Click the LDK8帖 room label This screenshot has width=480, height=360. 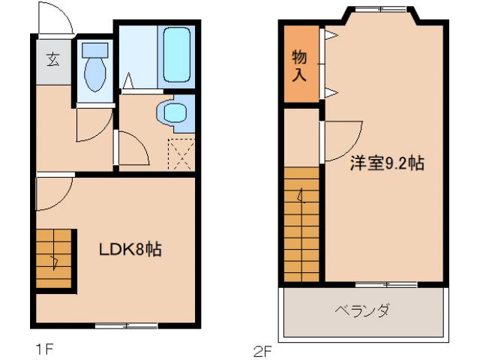pos(131,250)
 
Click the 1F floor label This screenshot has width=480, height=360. pos(44,348)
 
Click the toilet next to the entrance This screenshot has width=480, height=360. pos(95,69)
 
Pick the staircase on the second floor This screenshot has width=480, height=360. pos(302,225)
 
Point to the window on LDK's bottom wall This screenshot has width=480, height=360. pos(126,325)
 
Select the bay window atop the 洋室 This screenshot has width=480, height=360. pos(380,10)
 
